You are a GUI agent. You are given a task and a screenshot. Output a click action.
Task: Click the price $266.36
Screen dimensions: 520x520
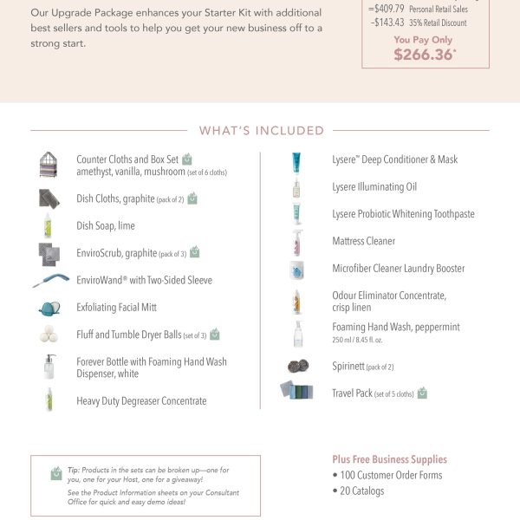click(x=424, y=55)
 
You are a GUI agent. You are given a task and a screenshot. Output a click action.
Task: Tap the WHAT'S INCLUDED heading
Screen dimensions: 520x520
click(x=261, y=131)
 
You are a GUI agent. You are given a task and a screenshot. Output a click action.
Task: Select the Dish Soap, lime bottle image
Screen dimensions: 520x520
click(x=49, y=226)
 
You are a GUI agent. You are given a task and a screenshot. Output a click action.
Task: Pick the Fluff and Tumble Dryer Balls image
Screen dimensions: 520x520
click(x=49, y=335)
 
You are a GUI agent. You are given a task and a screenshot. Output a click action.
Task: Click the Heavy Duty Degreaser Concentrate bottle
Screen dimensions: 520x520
click(x=49, y=400)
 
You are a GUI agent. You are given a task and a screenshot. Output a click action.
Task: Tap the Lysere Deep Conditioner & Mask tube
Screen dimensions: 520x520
click(x=296, y=160)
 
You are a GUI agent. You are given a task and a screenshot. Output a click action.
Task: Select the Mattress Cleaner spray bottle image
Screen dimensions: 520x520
click(x=296, y=242)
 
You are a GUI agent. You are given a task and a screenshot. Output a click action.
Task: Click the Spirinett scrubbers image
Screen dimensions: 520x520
click(x=297, y=367)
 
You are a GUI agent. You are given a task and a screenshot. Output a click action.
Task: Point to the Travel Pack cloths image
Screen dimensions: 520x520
click(x=296, y=391)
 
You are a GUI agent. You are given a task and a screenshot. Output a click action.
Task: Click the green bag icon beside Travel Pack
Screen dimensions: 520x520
click(x=422, y=393)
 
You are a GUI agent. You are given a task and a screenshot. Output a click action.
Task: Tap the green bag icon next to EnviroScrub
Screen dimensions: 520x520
click(x=195, y=252)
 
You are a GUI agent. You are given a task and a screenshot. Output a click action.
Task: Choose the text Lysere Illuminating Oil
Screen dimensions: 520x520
click(x=374, y=187)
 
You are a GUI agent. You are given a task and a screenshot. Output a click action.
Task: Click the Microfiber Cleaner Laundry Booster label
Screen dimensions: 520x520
click(x=398, y=269)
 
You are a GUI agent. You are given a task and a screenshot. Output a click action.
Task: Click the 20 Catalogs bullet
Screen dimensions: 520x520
click(x=358, y=491)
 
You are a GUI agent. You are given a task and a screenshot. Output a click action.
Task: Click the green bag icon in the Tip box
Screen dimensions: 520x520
click(x=56, y=473)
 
